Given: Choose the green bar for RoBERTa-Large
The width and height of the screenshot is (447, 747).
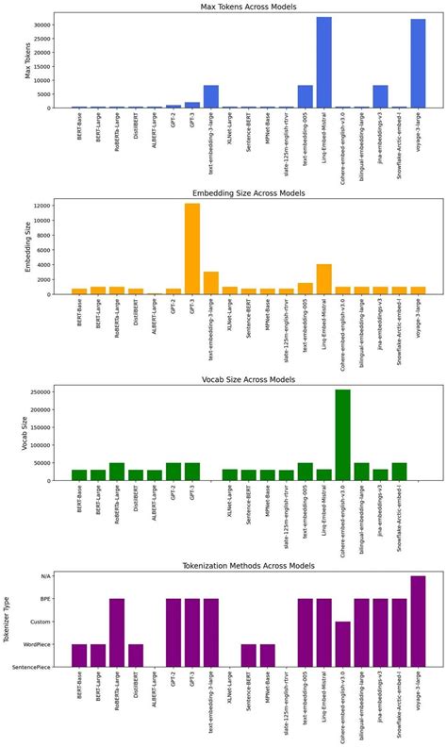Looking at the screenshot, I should click(117, 472).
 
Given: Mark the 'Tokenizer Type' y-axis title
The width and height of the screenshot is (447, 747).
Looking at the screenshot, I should click(8, 621).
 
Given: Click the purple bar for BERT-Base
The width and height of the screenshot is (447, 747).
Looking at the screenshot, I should click(79, 656).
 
